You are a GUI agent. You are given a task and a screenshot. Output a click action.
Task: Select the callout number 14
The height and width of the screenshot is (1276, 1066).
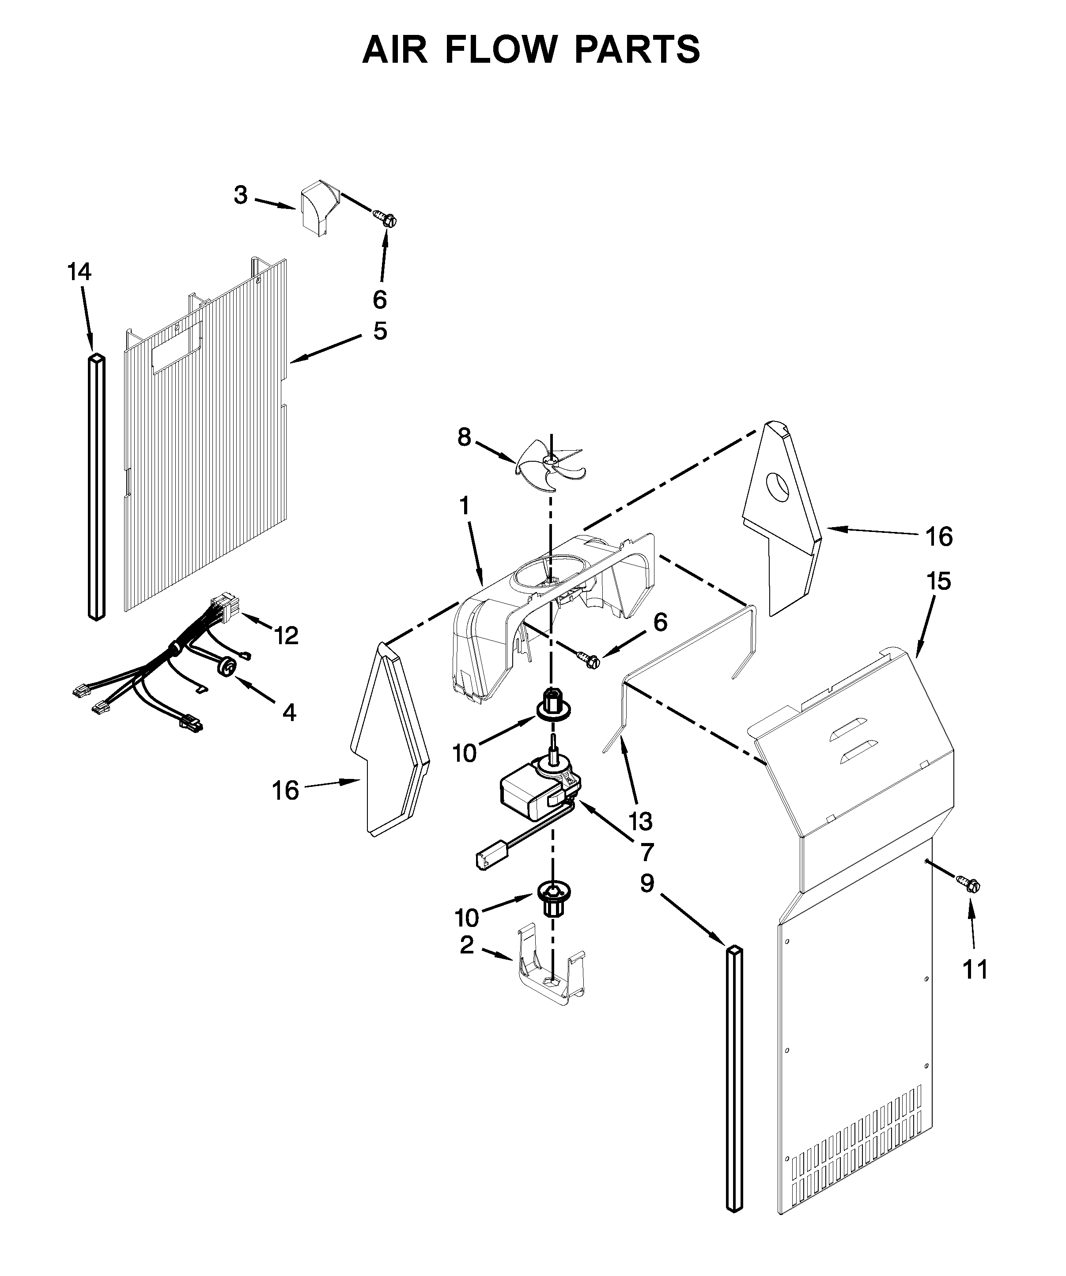coord(79,272)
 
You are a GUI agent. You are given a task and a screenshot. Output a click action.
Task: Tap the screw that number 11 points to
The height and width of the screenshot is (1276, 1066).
coord(969,899)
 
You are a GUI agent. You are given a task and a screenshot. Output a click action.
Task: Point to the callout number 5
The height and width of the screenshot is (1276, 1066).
coord(380,332)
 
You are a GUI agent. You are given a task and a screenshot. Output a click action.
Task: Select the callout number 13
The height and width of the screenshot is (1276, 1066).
coord(640,821)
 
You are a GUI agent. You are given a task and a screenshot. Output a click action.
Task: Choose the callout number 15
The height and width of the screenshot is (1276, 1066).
coord(938,581)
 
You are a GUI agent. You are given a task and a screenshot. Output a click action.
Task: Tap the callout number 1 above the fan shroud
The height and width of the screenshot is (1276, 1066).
coord(464,506)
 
